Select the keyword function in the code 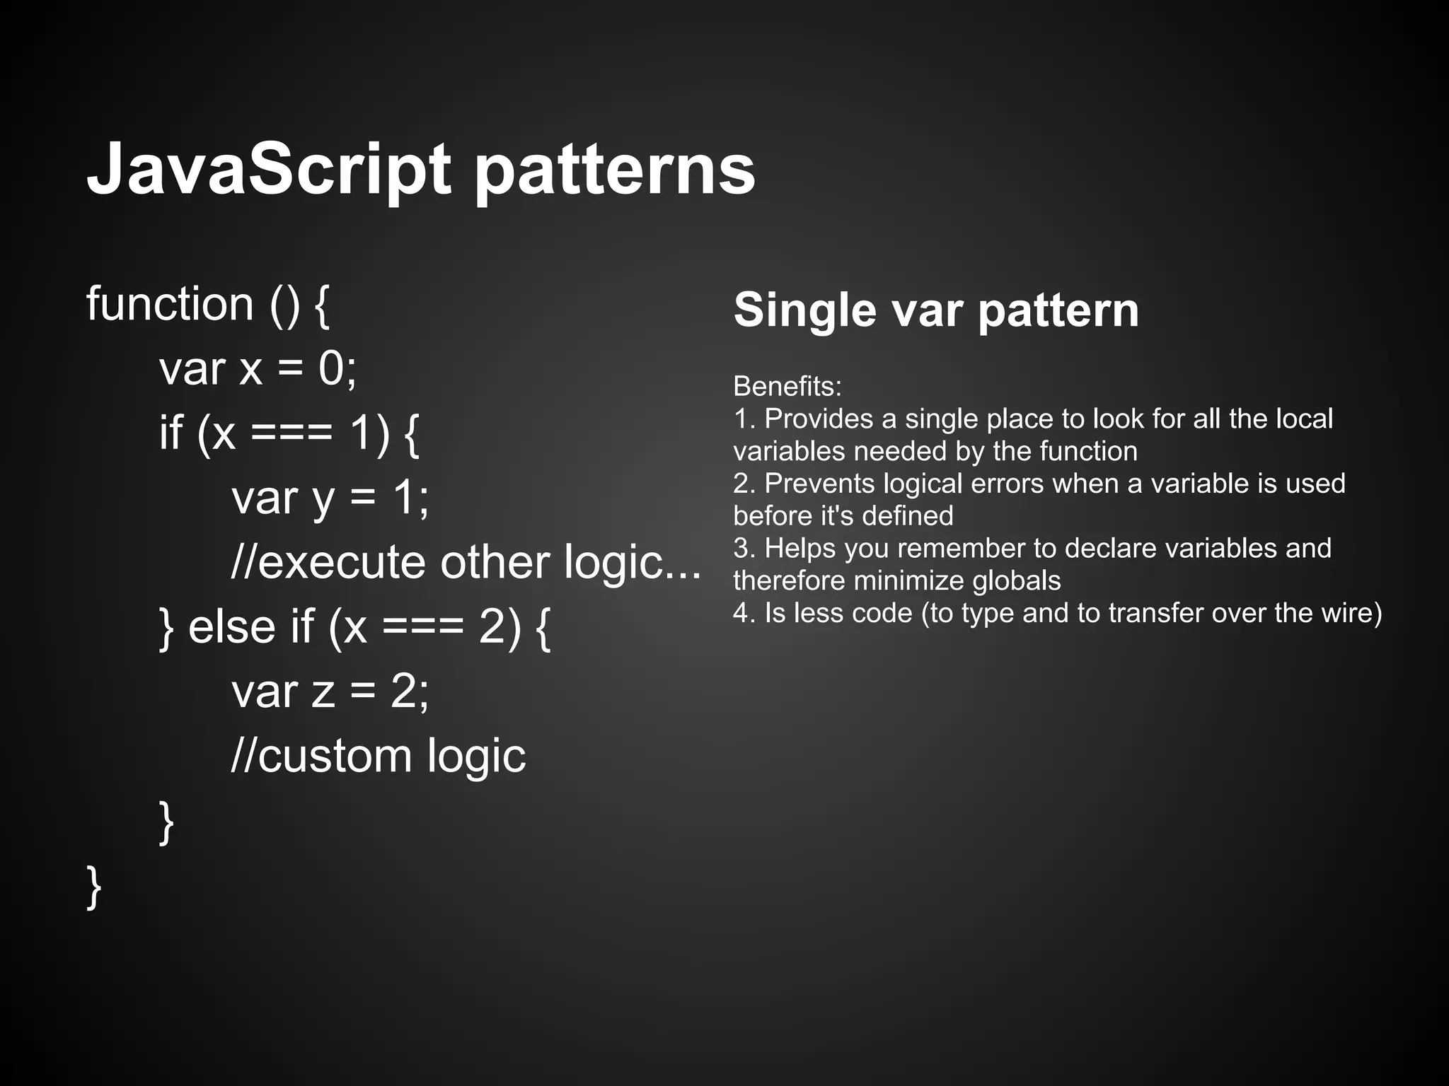170,304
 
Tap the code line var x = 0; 258,368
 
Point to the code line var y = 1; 330,498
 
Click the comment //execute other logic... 466,562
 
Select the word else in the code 232,626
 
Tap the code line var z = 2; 330,691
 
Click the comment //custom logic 379,756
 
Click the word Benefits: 787,386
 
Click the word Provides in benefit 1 819,419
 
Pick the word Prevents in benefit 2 819,484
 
